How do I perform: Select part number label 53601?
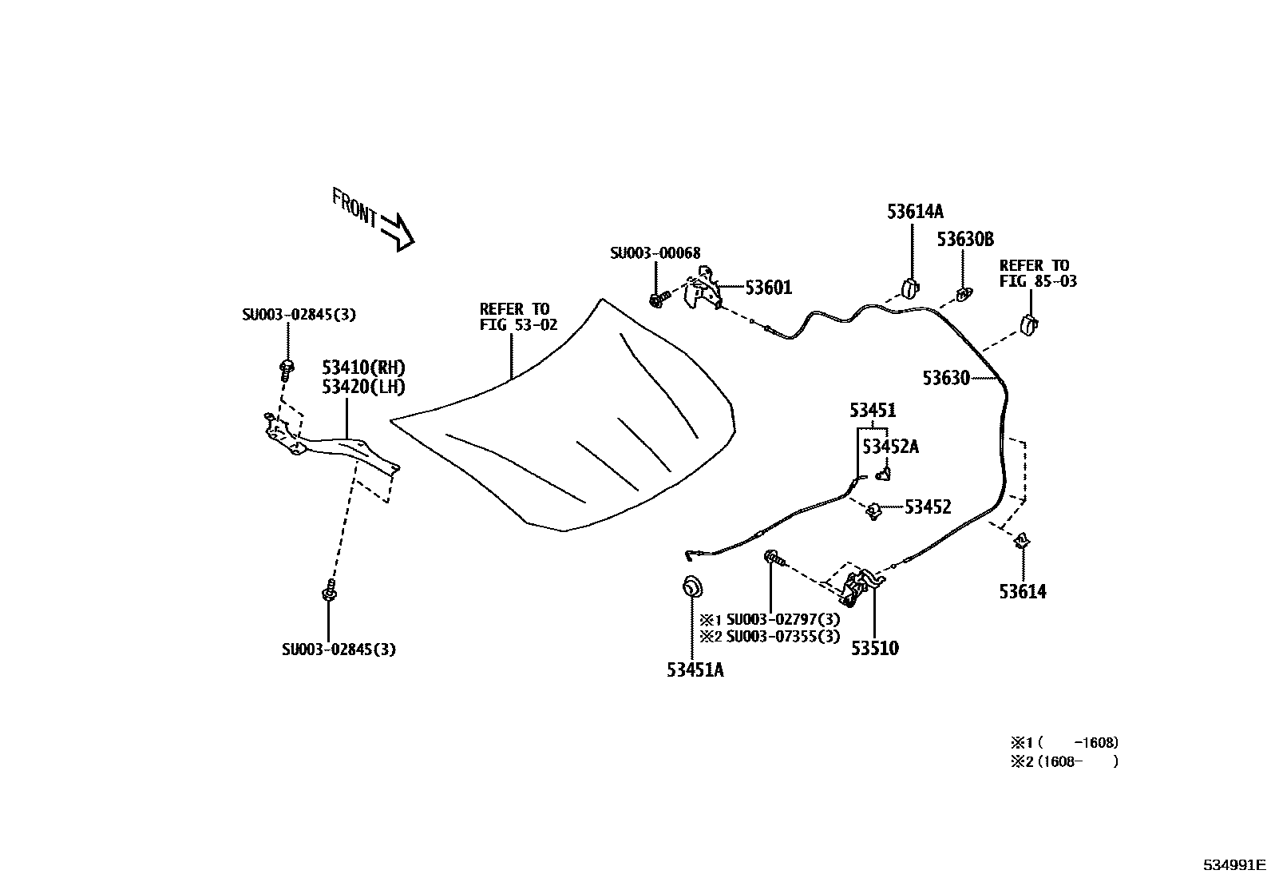pyautogui.click(x=769, y=288)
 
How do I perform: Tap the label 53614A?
pyautogui.click(x=915, y=212)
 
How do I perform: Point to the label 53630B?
pyautogui.click(x=964, y=240)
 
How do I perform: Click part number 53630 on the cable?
pyautogui.click(x=945, y=378)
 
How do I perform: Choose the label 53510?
pyautogui.click(x=874, y=649)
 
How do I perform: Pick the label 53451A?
pyautogui.click(x=695, y=670)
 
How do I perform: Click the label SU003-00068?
pyautogui.click(x=655, y=253)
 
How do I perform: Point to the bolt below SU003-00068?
pyautogui.click(x=658, y=300)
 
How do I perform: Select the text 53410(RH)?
pyautogui.click(x=363, y=368)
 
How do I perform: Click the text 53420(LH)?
pyautogui.click(x=363, y=387)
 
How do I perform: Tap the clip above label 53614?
pyautogui.click(x=1020, y=541)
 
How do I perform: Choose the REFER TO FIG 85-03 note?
pyautogui.click(x=1037, y=273)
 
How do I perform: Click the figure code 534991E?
pyautogui.click(x=1235, y=864)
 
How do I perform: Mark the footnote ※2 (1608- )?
pyautogui.click(x=1063, y=762)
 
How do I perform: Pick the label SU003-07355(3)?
pyautogui.click(x=782, y=637)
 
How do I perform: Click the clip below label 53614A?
pyautogui.click(x=912, y=288)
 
